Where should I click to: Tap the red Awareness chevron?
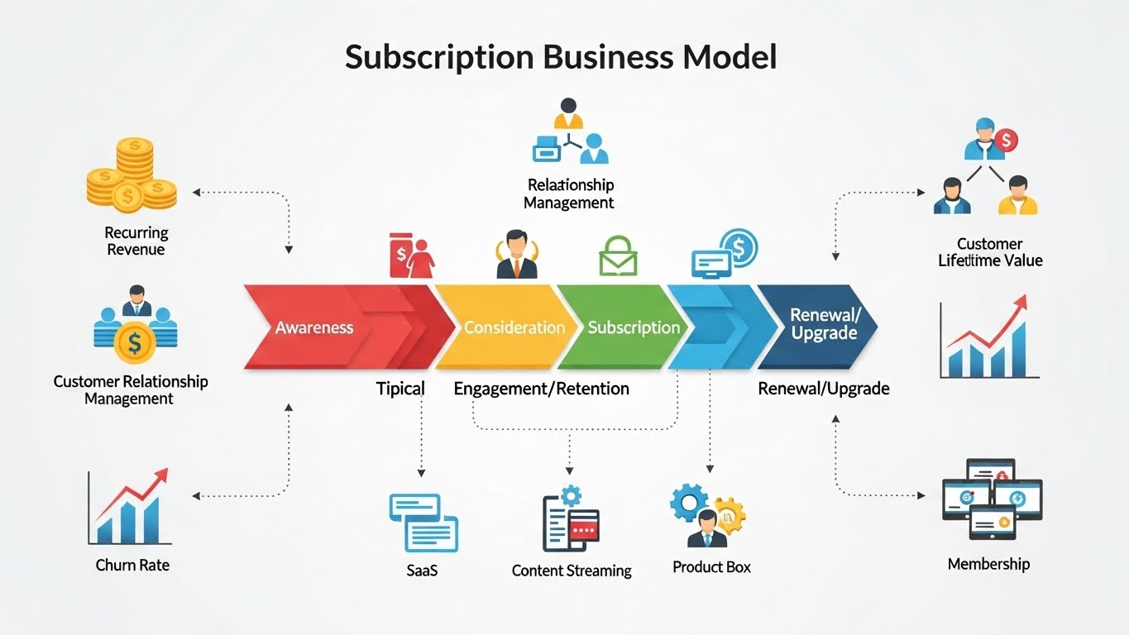314,327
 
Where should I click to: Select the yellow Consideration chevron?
514,327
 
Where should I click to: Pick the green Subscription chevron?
633,327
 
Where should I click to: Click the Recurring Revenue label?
136,241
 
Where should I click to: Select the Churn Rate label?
132,566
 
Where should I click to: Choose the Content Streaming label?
572,571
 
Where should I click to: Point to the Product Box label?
711,567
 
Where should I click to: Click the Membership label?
988,565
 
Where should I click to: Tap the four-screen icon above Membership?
991,499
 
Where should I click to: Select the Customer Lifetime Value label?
989,252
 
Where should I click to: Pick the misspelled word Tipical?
400,389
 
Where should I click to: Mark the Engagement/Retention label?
542,389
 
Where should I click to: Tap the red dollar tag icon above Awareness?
411,255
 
